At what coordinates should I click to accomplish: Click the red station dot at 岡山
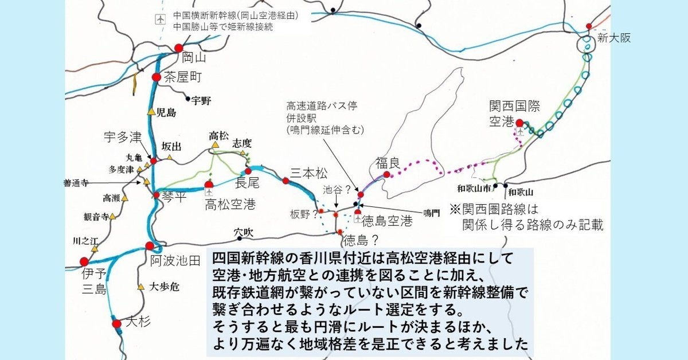coord(178,48)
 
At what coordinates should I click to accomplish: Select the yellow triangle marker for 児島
coord(151,112)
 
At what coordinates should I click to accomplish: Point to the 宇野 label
coord(201,100)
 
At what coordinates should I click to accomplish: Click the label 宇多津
coord(122,138)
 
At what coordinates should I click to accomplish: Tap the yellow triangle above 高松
coord(215,146)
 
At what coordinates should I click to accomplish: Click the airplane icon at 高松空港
coord(209,185)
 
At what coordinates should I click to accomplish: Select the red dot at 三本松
coord(286,181)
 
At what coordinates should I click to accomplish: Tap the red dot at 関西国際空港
coord(519,123)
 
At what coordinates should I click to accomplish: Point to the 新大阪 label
coord(613,38)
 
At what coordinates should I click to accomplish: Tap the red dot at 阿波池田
coord(150,246)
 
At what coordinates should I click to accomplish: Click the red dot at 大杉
coord(117,324)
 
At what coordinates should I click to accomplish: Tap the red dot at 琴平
coord(157,195)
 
